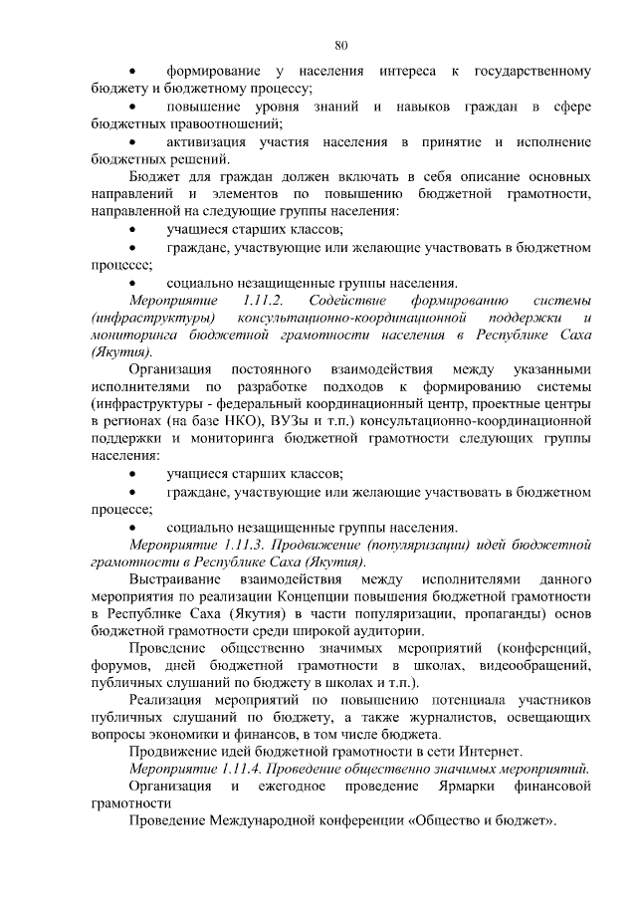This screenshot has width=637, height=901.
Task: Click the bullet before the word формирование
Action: (x=134, y=72)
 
